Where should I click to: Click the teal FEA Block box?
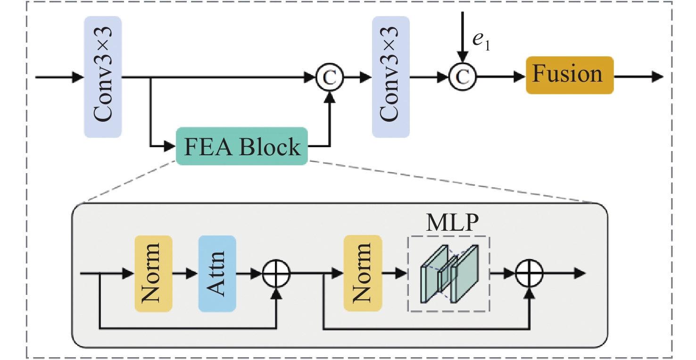[x=242, y=146]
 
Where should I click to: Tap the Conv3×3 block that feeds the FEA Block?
[x=103, y=77]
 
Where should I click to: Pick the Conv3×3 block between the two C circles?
[x=391, y=77]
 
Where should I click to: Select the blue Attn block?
[x=217, y=274]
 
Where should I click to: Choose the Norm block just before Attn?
[x=153, y=274]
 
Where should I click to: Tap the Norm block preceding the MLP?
[x=363, y=274]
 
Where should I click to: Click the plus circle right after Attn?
[x=276, y=274]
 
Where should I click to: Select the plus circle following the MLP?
[x=530, y=274]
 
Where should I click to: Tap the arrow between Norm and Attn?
[x=185, y=273]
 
